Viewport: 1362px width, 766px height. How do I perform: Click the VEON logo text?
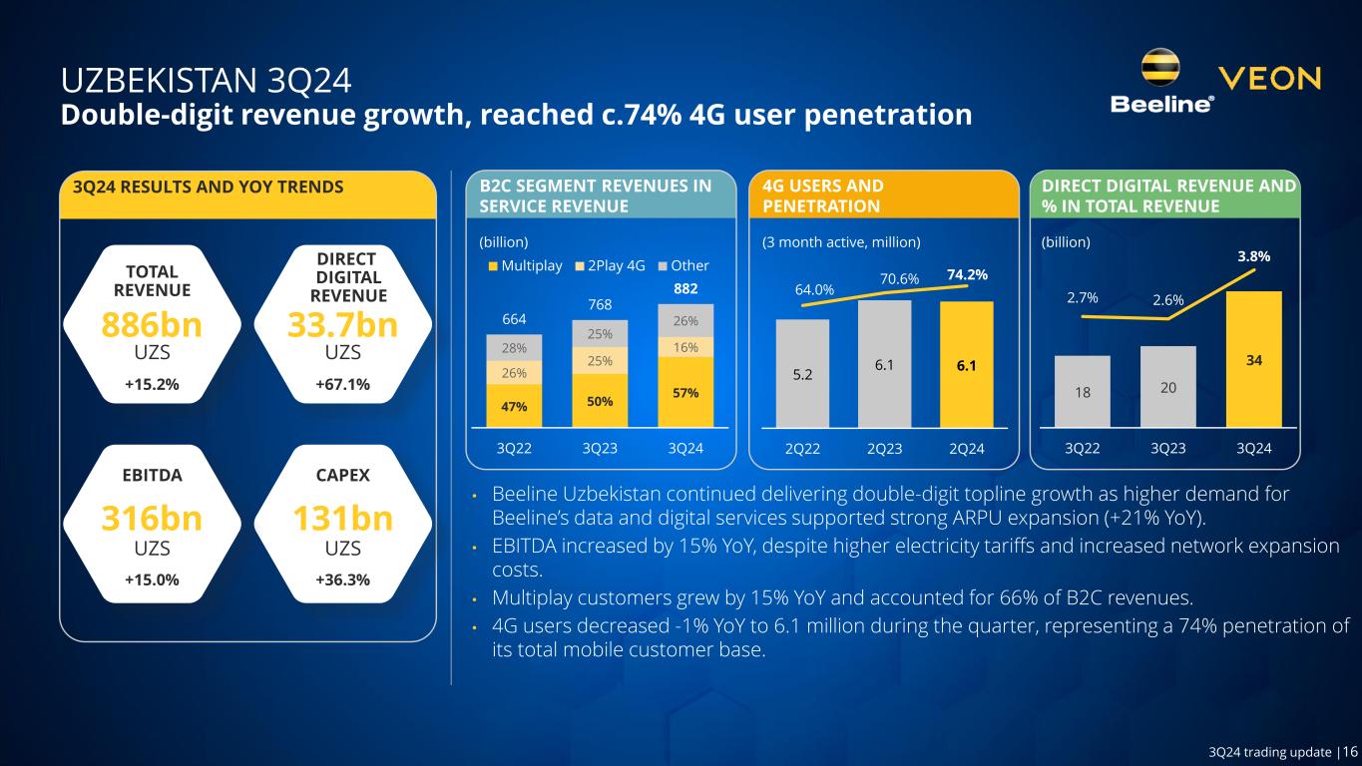pyautogui.click(x=1270, y=79)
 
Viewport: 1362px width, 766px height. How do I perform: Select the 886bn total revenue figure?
pyautogui.click(x=151, y=325)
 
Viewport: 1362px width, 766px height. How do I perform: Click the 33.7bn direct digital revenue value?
pyautogui.click(x=342, y=325)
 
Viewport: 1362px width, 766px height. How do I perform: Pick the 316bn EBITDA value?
pyautogui.click(x=151, y=520)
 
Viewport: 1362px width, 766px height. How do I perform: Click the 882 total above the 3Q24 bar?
pyautogui.click(x=684, y=287)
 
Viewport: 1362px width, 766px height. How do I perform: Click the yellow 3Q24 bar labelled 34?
pyautogui.click(x=1253, y=359)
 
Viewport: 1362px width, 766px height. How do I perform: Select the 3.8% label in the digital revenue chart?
pyautogui.click(x=1253, y=256)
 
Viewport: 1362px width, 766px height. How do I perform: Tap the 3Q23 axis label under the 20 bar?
pyautogui.click(x=1168, y=449)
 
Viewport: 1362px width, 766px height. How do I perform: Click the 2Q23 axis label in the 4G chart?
pyautogui.click(x=885, y=449)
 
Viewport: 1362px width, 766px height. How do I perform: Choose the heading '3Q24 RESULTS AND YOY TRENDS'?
pyautogui.click(x=203, y=187)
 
